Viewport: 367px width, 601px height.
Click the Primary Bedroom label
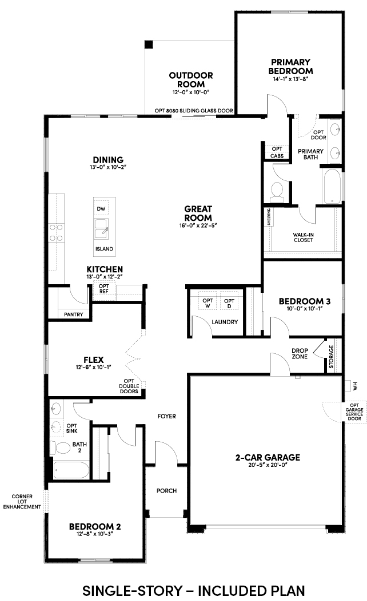point(290,66)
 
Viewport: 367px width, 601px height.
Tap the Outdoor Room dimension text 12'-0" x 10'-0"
point(191,92)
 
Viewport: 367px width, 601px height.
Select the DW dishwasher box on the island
point(101,209)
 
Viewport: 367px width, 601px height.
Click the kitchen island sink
point(101,228)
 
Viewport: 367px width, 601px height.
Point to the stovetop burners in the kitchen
point(56,233)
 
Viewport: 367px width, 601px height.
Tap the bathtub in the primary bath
point(332,187)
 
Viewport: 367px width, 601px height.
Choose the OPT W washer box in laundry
point(208,303)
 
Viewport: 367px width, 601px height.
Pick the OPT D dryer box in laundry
point(229,303)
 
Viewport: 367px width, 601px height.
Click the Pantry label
point(73,314)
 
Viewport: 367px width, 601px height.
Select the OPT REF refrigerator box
point(104,289)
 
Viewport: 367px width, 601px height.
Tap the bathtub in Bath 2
point(71,470)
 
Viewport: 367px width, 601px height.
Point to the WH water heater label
point(355,386)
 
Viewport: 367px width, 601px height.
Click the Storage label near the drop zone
point(332,357)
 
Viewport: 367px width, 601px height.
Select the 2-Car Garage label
point(268,457)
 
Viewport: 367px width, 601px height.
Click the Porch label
point(166,491)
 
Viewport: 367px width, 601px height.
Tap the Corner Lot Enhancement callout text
point(22,501)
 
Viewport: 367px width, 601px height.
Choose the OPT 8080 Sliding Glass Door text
point(194,111)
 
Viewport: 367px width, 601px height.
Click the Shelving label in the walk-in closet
point(269,216)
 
